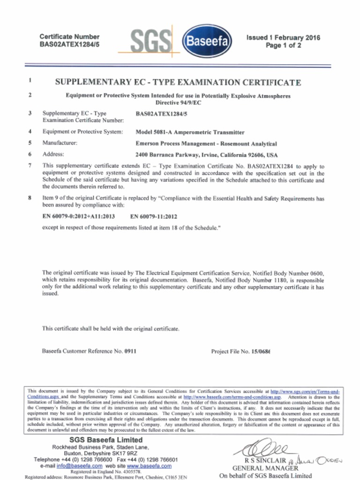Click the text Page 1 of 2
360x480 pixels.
pos(283,45)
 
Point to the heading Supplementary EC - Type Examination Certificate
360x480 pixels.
pos(178,82)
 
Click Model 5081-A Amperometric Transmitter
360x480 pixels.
pos(190,133)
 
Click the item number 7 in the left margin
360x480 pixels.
pos(30,166)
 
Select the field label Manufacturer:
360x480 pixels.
pos(60,143)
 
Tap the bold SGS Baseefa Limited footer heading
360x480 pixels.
pos(106,440)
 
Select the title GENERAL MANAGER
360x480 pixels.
pos(265,468)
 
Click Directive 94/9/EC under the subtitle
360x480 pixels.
pos(178,103)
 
